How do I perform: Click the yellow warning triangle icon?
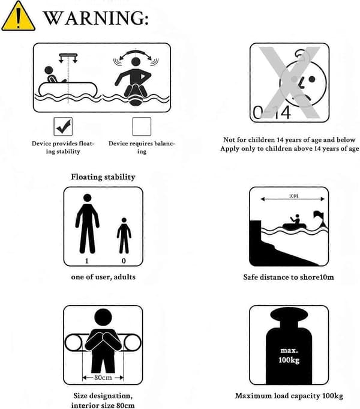click(x=18, y=17)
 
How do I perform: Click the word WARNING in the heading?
click(x=95, y=18)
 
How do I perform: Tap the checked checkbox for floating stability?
click(x=63, y=127)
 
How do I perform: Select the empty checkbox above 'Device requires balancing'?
click(x=142, y=127)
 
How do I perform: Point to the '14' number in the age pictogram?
click(x=282, y=113)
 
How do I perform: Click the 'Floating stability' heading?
click(x=103, y=177)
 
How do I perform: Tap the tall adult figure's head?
click(x=88, y=198)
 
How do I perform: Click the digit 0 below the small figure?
click(x=124, y=261)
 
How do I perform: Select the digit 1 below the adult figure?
click(x=87, y=261)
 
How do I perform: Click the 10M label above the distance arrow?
click(x=293, y=196)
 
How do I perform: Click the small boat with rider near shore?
click(x=295, y=223)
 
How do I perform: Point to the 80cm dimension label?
click(x=103, y=377)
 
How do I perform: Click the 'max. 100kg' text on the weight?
click(x=289, y=356)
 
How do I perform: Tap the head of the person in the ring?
click(x=103, y=318)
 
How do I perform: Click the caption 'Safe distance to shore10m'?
click(x=289, y=277)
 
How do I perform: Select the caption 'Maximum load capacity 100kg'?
click(x=289, y=396)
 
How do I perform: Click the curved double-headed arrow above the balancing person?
click(x=136, y=53)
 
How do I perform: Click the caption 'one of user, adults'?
click(x=103, y=277)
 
